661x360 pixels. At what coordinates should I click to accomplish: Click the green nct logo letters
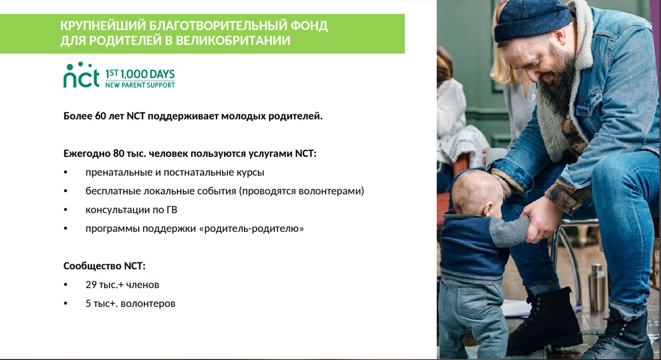pyautogui.click(x=81, y=75)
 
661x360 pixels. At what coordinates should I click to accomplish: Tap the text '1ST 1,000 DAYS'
pyautogui.click(x=140, y=74)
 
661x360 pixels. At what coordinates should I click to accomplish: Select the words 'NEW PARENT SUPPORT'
pyautogui.click(x=140, y=85)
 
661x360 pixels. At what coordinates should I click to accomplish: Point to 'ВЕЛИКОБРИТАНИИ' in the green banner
pyautogui.click(x=233, y=41)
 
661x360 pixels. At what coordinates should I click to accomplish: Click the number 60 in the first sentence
pyautogui.click(x=101, y=116)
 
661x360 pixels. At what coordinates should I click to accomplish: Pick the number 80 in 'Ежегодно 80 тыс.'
pyautogui.click(x=118, y=154)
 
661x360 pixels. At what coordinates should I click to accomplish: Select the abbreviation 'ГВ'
pyautogui.click(x=172, y=210)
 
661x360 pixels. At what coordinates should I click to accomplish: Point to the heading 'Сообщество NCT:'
pyautogui.click(x=105, y=266)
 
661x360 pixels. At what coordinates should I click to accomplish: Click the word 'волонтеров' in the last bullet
pyautogui.click(x=148, y=304)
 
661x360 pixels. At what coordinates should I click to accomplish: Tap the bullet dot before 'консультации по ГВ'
pyautogui.click(x=66, y=210)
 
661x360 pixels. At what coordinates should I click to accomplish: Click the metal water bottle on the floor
pyautogui.click(x=597, y=287)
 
